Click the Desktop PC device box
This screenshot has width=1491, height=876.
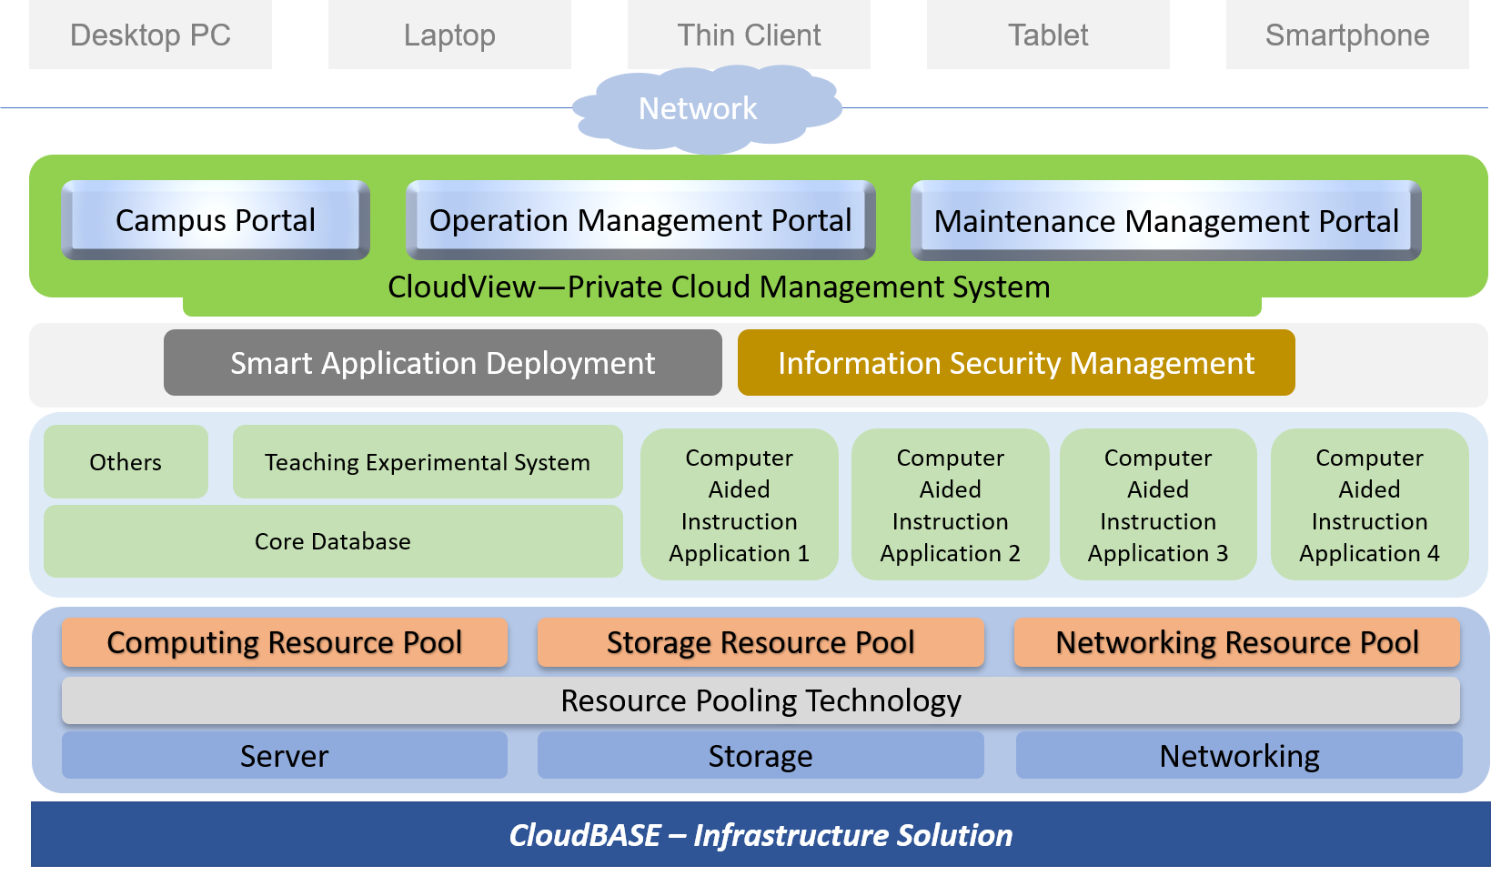[150, 35]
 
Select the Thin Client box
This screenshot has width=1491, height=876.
[749, 35]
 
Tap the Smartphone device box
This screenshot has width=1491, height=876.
[1347, 35]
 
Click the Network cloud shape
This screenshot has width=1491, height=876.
[698, 109]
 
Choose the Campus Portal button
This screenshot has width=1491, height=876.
[216, 220]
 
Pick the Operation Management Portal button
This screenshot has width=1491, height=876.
[640, 220]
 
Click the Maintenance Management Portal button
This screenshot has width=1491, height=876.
[1166, 221]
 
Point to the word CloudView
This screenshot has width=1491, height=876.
[461, 287]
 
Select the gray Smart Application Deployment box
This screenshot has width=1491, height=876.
[442, 363]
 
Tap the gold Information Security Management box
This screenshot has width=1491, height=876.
[1016, 363]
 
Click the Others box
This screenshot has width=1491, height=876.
[126, 462]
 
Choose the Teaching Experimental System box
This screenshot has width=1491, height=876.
[428, 462]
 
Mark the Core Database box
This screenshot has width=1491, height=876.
[333, 541]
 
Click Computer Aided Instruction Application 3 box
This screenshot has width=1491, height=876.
[1158, 505]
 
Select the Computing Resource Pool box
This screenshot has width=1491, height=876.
[284, 642]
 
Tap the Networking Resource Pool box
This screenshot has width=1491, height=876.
[1237, 642]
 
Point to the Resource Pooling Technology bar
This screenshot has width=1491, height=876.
[761, 700]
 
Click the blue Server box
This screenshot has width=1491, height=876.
[284, 756]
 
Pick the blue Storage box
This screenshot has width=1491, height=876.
[761, 756]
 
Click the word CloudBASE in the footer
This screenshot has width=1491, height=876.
[585, 835]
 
